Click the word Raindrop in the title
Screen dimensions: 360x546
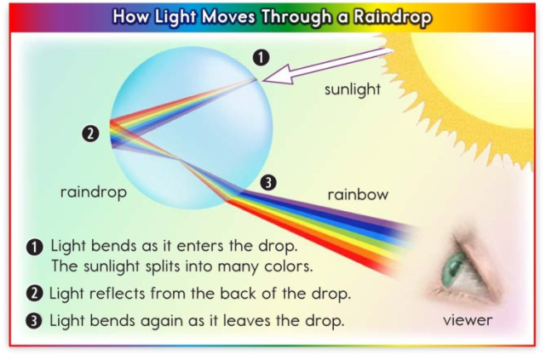point(388,16)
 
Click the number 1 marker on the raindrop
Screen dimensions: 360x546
point(262,57)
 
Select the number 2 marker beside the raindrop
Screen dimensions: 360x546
point(91,133)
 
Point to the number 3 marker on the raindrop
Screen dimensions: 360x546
point(267,182)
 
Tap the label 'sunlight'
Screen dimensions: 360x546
point(353,89)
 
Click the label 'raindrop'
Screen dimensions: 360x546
point(93,192)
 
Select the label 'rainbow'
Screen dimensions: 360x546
point(358,195)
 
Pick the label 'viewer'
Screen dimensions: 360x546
point(468,321)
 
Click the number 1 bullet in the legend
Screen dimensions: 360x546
point(35,247)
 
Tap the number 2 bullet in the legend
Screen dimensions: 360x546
point(35,294)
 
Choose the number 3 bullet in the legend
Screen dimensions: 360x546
point(35,322)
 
